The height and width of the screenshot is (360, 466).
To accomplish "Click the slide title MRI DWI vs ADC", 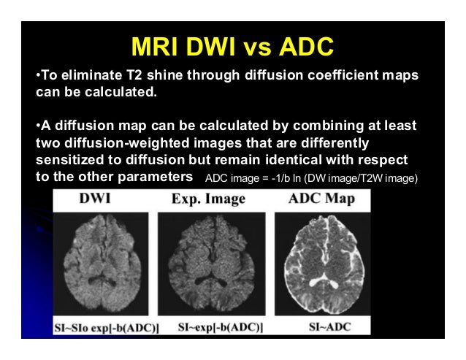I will tap(232, 47).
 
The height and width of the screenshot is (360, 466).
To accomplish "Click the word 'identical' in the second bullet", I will tap(303, 159).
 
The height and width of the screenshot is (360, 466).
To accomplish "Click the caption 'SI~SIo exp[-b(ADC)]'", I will tap(107, 325).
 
